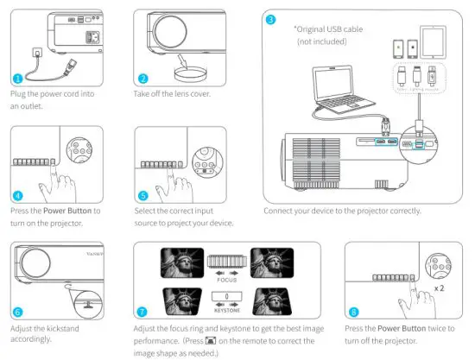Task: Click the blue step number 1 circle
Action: [x=18, y=79]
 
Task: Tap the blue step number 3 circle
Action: [x=271, y=19]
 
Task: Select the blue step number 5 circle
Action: [x=143, y=195]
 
